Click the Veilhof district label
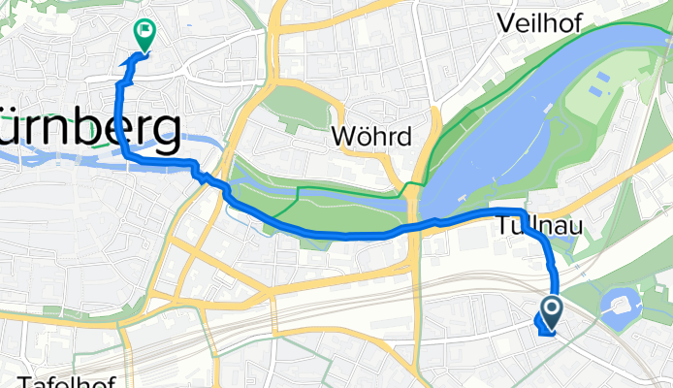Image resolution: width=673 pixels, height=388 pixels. click(x=537, y=22)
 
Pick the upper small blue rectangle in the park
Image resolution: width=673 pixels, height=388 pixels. click(x=604, y=77)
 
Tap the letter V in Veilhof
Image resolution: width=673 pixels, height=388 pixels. click(x=505, y=22)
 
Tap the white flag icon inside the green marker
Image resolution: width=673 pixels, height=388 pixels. click(x=144, y=31)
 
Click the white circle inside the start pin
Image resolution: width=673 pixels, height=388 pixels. click(x=552, y=309)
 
